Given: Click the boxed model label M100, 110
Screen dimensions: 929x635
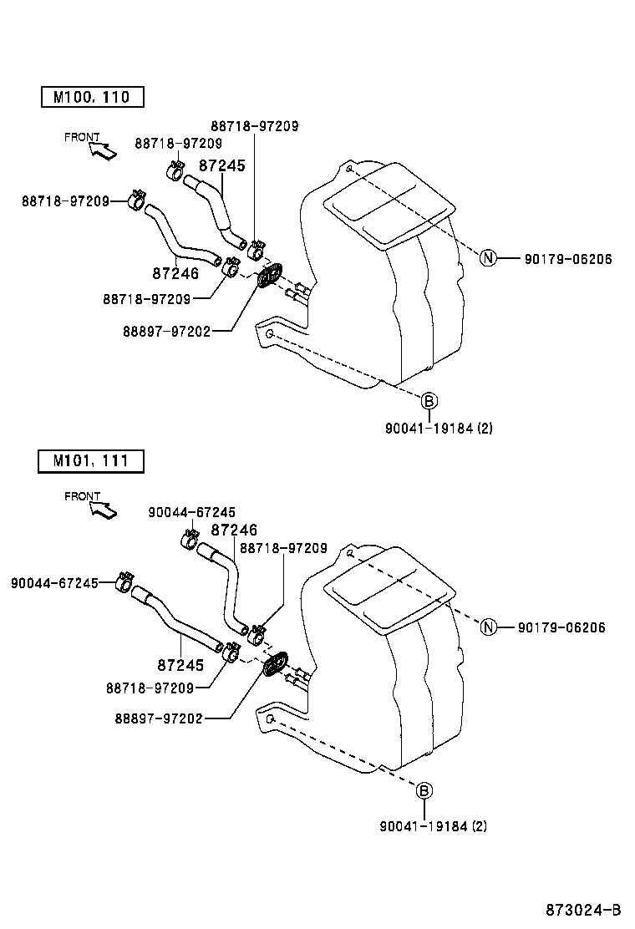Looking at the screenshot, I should pyautogui.click(x=92, y=97).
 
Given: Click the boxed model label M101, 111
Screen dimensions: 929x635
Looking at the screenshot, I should pyautogui.click(x=92, y=460).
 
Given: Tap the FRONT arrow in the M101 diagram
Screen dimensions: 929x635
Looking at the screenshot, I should pyautogui.click(x=104, y=508).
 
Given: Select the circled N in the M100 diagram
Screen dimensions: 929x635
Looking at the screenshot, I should pyautogui.click(x=488, y=259).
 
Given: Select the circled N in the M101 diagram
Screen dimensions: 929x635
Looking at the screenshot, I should pyautogui.click(x=489, y=627).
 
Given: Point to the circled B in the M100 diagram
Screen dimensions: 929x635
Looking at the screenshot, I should pyautogui.click(x=428, y=402).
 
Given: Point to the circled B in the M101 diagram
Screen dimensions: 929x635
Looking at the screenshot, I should pyautogui.click(x=424, y=790).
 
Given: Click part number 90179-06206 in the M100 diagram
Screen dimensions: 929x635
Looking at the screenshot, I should pyautogui.click(x=568, y=260).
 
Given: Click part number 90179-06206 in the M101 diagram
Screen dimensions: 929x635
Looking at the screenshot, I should pyautogui.click(x=561, y=628).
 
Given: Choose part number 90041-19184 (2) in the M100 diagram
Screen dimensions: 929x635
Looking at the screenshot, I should pyautogui.click(x=439, y=429).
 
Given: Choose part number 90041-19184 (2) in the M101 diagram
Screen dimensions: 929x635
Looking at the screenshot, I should pyautogui.click(x=433, y=826).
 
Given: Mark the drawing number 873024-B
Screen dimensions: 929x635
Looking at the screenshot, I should pyautogui.click(x=584, y=909).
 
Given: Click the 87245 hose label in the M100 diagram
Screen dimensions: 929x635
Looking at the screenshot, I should pyautogui.click(x=222, y=166).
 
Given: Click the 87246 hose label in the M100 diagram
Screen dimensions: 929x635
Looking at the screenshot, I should pyautogui.click(x=175, y=273).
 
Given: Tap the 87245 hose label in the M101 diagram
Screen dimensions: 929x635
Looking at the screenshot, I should pyautogui.click(x=180, y=665).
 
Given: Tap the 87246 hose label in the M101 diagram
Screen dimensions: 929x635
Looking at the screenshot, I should pyautogui.click(x=234, y=530).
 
